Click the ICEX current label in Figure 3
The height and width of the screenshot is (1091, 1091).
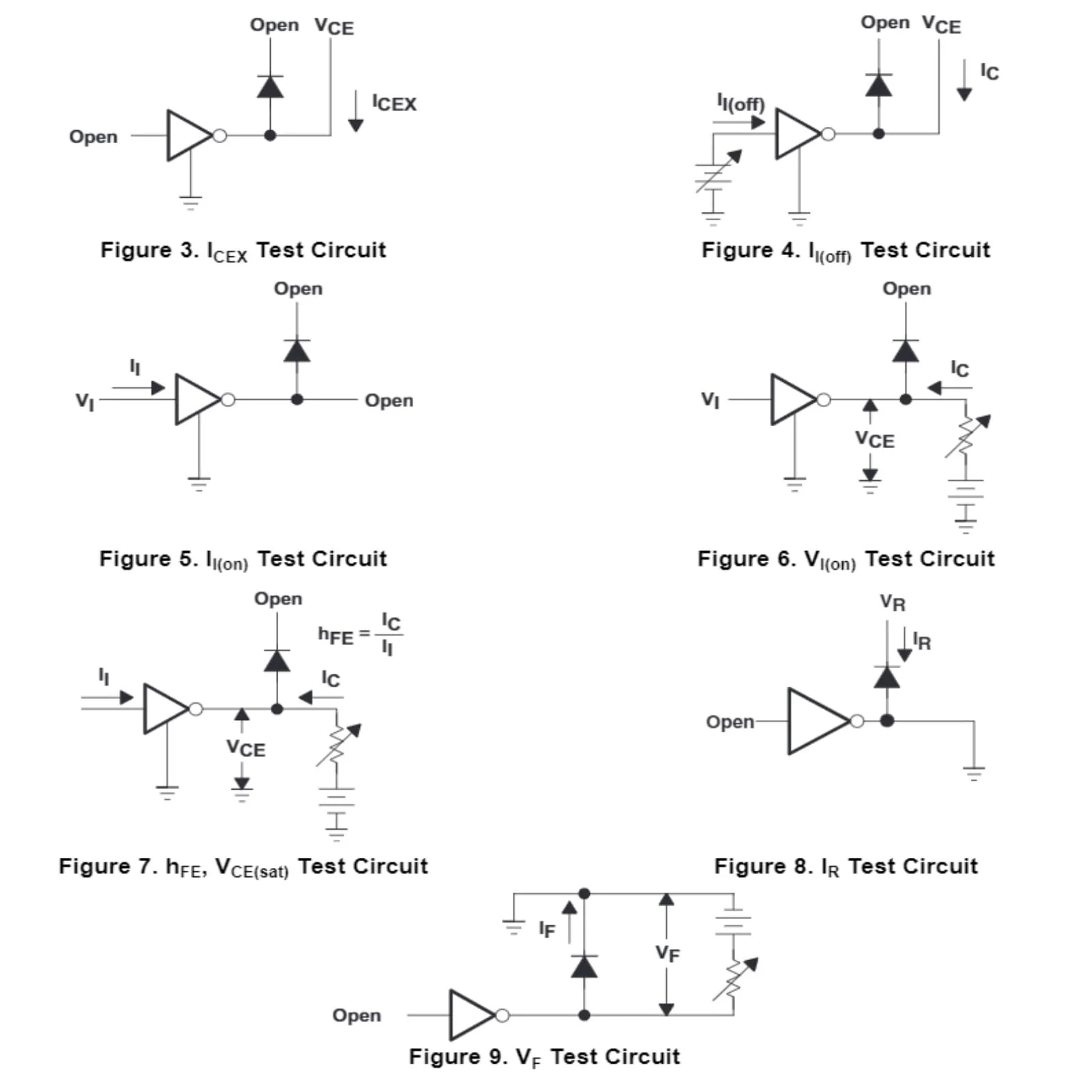(394, 104)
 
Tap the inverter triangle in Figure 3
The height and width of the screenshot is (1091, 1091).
(189, 136)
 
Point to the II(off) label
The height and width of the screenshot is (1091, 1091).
(741, 103)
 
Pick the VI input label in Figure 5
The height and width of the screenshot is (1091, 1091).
(85, 401)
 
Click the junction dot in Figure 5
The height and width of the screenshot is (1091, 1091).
(297, 400)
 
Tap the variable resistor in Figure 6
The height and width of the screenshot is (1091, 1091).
(967, 436)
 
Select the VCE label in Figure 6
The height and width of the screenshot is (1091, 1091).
(875, 440)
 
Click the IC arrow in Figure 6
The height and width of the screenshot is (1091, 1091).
(950, 388)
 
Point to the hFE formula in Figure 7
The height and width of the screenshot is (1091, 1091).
(360, 634)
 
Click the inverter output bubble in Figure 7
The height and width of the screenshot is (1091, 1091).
(196, 709)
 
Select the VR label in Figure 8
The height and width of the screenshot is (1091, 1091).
(893, 603)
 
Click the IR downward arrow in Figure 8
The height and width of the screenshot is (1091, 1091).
(904, 644)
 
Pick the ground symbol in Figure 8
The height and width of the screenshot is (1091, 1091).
(974, 773)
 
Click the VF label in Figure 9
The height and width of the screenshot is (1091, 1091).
(668, 953)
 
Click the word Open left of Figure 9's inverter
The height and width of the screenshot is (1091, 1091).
(357, 1015)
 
